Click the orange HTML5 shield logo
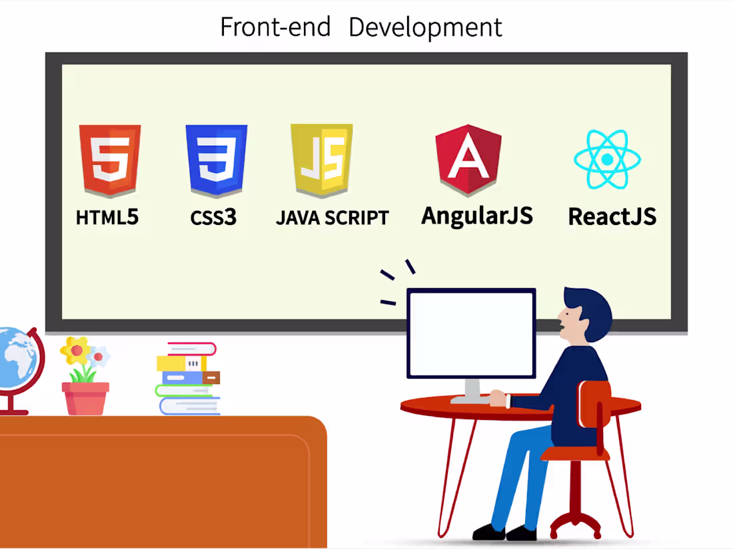[x=110, y=160]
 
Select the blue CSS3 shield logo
[x=217, y=160]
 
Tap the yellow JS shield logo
[x=322, y=160]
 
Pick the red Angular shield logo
[x=468, y=160]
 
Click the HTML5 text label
[x=107, y=218]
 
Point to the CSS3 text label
[x=213, y=218]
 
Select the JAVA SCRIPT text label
[x=332, y=218]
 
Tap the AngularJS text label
[x=477, y=216]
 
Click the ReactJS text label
[x=612, y=216]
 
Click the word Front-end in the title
[x=275, y=27]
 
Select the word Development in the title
[x=425, y=27]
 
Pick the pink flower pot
[x=85, y=398]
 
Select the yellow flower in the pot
[x=75, y=349]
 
